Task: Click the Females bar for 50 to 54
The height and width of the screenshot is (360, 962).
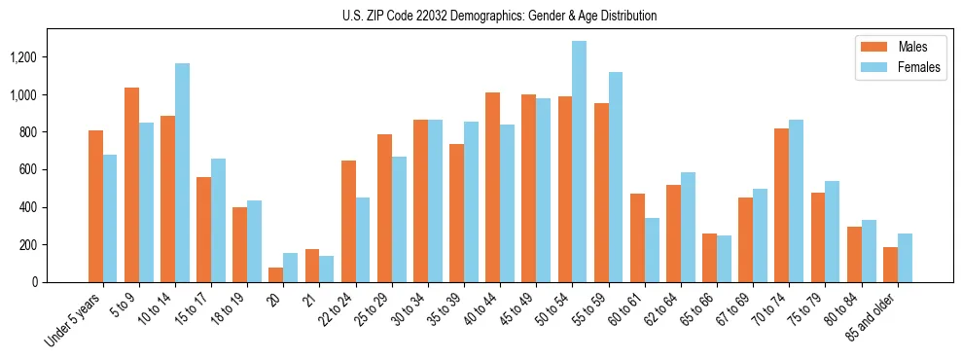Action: (x=580, y=162)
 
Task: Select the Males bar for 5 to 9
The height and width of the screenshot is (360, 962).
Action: (x=132, y=185)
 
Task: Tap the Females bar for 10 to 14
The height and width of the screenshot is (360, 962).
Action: (x=183, y=172)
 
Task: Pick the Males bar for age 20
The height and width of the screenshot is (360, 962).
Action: (x=276, y=274)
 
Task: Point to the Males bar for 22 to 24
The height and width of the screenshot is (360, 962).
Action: (x=348, y=221)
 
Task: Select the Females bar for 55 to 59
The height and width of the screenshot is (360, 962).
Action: (x=616, y=177)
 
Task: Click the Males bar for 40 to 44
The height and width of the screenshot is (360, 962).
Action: (x=493, y=187)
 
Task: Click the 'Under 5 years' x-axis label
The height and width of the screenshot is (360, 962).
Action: (x=74, y=319)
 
